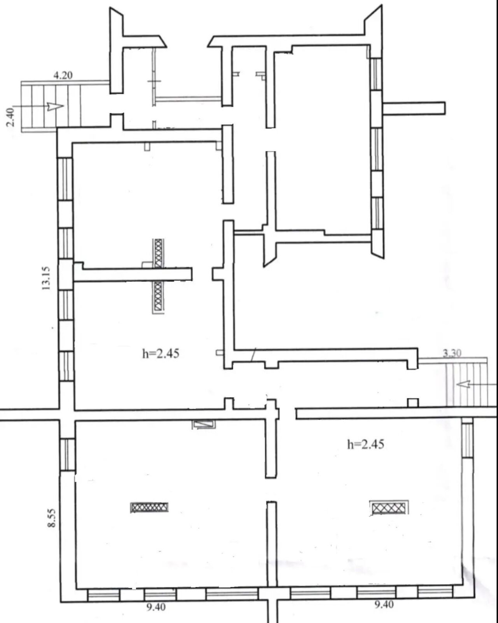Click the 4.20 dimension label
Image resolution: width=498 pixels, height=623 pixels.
point(63,75)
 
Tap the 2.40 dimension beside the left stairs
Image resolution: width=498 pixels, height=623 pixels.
point(11,117)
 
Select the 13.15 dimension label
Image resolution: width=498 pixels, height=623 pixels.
point(46,278)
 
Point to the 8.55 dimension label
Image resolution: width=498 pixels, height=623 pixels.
point(51,516)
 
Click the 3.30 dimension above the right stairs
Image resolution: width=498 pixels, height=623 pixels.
point(452,354)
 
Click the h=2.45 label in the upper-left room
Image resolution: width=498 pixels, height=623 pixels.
point(161,354)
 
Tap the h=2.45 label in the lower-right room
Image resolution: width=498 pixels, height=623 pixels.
point(366,444)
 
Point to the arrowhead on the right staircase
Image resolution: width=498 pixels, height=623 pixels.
point(463,384)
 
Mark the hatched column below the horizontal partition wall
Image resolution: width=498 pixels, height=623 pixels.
point(158,297)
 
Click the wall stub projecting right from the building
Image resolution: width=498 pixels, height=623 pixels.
point(414,108)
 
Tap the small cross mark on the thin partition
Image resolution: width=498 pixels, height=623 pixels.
point(154,81)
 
